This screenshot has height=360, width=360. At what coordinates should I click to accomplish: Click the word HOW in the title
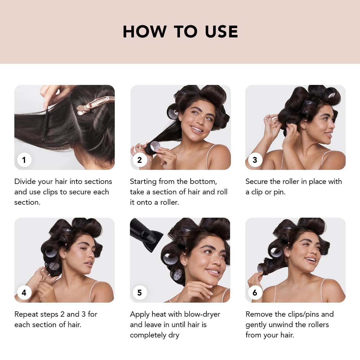(145, 31)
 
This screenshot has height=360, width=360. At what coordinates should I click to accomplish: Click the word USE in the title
(221, 31)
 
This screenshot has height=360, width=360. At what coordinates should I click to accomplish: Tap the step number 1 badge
(24, 160)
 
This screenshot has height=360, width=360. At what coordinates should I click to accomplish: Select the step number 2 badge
(139, 160)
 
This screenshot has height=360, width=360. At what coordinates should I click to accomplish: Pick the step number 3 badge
(255, 160)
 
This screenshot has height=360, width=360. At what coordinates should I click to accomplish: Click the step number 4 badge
(24, 293)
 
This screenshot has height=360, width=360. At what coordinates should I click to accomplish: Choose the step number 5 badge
(139, 293)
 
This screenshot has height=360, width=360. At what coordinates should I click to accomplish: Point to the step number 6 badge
(255, 293)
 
